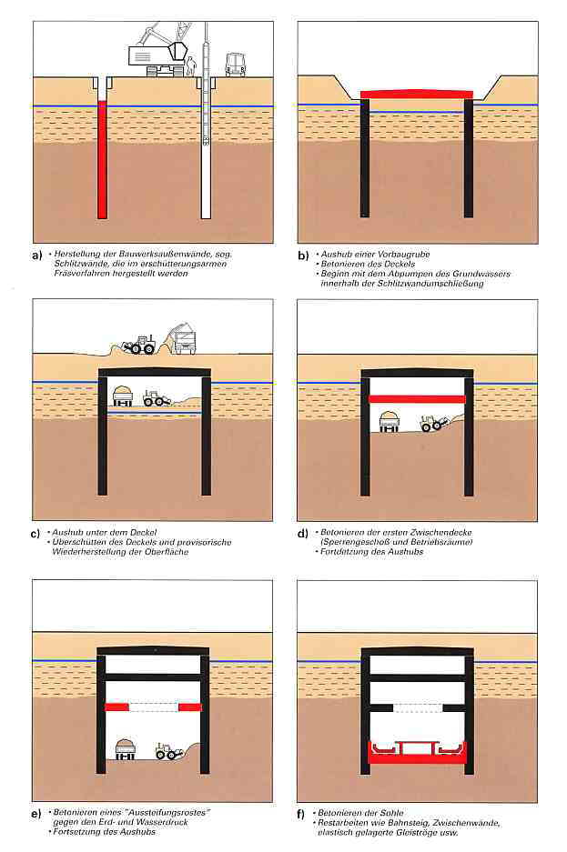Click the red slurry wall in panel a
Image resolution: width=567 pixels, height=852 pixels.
click(x=102, y=160)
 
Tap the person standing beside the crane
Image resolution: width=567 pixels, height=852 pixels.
click(x=191, y=66)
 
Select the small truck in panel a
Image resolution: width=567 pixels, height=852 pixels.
click(x=235, y=65)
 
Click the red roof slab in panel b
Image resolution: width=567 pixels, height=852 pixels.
click(x=417, y=95)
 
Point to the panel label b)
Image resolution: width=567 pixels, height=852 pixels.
click(x=303, y=255)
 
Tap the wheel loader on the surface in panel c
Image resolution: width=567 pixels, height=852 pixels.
click(x=138, y=346)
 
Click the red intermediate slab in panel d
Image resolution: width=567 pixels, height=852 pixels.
click(x=417, y=399)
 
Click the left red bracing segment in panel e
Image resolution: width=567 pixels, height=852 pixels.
click(x=116, y=707)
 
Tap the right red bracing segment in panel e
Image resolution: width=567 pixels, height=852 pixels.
click(x=190, y=707)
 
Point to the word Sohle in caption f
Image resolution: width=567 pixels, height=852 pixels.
click(x=391, y=813)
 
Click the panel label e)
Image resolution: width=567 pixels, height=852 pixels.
click(x=35, y=814)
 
